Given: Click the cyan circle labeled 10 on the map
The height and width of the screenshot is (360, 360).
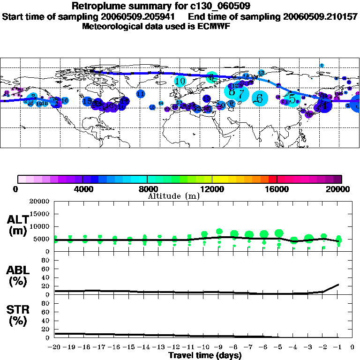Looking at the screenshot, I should pyautogui.click(x=180, y=81).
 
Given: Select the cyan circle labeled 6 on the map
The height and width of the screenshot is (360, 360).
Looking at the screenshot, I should pyautogui.click(x=259, y=98).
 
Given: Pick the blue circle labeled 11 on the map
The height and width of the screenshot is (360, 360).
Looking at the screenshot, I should pyautogui.click(x=140, y=94).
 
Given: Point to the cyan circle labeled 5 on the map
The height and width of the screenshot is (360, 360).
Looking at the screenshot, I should pyautogui.click(x=292, y=99).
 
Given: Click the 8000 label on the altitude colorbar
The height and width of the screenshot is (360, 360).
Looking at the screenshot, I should pyautogui.click(x=147, y=189).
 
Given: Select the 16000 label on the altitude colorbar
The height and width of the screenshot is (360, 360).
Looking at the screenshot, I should pyautogui.click(x=277, y=189).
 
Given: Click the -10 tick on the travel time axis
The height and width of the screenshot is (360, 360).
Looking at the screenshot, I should pyautogui.click(x=203, y=347).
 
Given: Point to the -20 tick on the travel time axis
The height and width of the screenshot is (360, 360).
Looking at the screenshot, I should pyautogui.click(x=54, y=347).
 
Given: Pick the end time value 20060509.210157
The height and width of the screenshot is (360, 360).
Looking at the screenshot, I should pyautogui.click(x=320, y=17).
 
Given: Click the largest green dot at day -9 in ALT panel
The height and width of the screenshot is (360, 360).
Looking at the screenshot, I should pyautogui.click(x=219, y=232).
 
